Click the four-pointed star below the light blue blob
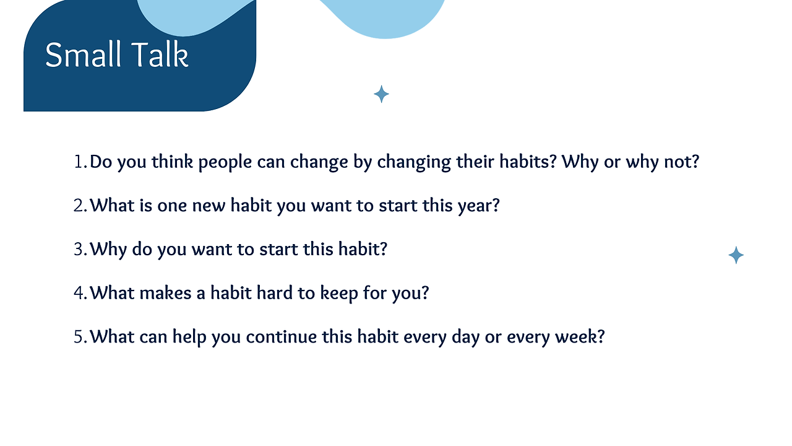pyautogui.click(x=381, y=94)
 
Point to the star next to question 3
pyautogui.click(x=736, y=255)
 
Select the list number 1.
pyautogui.click(x=80, y=162)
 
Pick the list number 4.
pyautogui.click(x=80, y=294)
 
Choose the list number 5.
pyautogui.click(x=80, y=337)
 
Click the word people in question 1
pyautogui.click(x=225, y=163)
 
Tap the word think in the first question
pyautogui.click(x=172, y=162)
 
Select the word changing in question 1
pyautogui.click(x=414, y=163)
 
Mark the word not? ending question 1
pyautogui.click(x=681, y=162)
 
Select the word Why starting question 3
pyautogui.click(x=108, y=250)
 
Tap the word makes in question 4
pyautogui.click(x=165, y=293)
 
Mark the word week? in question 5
pyautogui.click(x=580, y=336)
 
